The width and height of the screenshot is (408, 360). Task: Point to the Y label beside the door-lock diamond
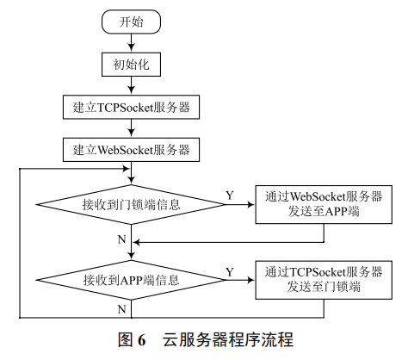pyautogui.click(x=229, y=196)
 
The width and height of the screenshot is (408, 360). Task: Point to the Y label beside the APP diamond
pyautogui.click(x=229, y=270)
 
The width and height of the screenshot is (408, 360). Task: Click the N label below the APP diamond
pyautogui.click(x=121, y=307)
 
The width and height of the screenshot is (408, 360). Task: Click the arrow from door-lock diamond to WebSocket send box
pyautogui.click(x=237, y=205)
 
